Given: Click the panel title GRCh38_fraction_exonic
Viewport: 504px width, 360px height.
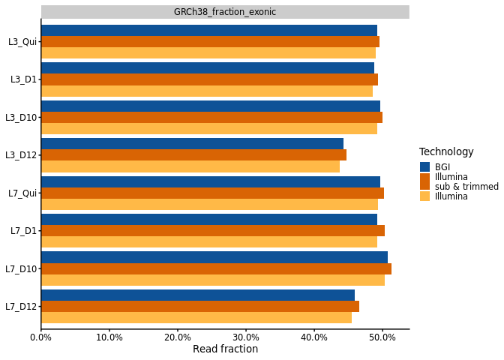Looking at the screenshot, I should point(225,12).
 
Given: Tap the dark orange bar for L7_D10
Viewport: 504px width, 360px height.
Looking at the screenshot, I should point(216,268).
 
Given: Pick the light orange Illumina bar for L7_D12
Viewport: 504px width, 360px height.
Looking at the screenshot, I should point(196,317).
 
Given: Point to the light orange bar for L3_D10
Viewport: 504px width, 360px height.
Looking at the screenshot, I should point(209,128).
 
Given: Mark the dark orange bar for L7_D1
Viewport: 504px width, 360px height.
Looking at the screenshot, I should point(213,230).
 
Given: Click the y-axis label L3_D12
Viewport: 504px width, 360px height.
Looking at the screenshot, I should point(21,155).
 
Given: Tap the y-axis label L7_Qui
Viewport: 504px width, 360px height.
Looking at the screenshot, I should point(22,193).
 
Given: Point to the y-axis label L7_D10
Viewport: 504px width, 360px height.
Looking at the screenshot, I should point(21,268).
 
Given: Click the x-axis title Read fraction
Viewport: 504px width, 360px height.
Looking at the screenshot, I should point(225,349).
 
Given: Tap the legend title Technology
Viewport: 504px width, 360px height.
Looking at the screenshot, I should point(446,152).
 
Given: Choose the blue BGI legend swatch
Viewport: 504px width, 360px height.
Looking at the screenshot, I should point(424,167).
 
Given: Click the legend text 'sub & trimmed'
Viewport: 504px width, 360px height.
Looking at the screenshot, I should point(466,187).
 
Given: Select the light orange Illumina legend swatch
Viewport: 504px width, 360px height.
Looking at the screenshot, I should point(424,196).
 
